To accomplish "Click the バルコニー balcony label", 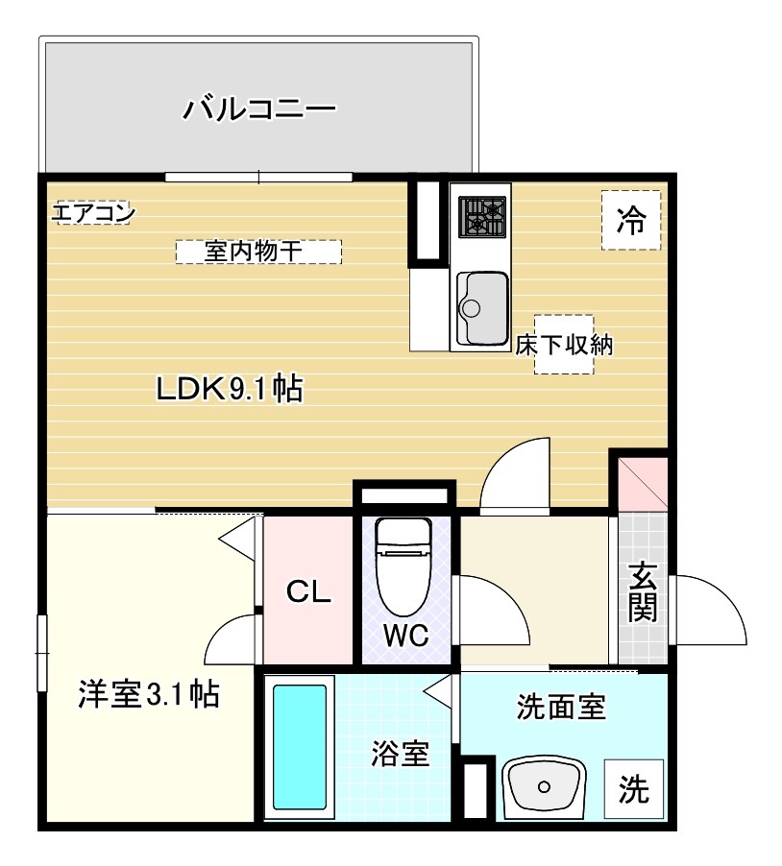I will (x=259, y=108).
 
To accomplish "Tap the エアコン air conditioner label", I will (x=92, y=213).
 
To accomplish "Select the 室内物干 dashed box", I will (x=258, y=252).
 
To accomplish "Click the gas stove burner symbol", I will (x=482, y=216).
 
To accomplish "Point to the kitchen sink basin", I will (x=482, y=306).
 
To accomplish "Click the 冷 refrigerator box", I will (x=631, y=221).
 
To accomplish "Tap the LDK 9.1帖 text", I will (x=231, y=389).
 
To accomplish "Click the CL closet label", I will (x=309, y=592).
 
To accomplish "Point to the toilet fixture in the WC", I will (x=404, y=566).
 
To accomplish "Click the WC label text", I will (x=404, y=636).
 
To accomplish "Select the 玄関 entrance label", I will (x=643, y=591).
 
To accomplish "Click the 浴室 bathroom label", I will (x=400, y=755).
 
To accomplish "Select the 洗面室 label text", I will (x=560, y=709).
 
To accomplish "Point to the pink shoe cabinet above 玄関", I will (x=642, y=485).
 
